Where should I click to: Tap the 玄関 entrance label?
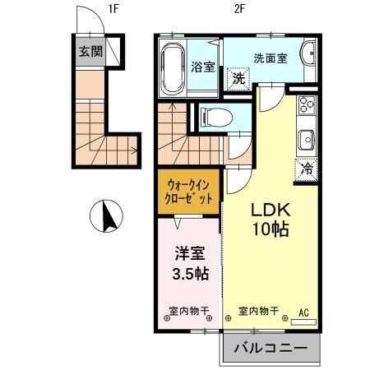pyautogui.click(x=90, y=51)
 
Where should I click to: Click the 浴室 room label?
pyautogui.click(x=204, y=67)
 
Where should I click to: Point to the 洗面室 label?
pyautogui.click(x=270, y=58)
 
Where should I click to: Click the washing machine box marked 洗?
pyautogui.click(x=238, y=80)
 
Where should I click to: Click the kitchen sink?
pyautogui.click(x=307, y=139)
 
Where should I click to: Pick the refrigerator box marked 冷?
pyautogui.click(x=306, y=170)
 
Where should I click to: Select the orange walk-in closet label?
pyautogui.click(x=189, y=192)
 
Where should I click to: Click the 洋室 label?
pyautogui.click(x=188, y=256)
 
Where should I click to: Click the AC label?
pyautogui.click(x=303, y=312)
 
